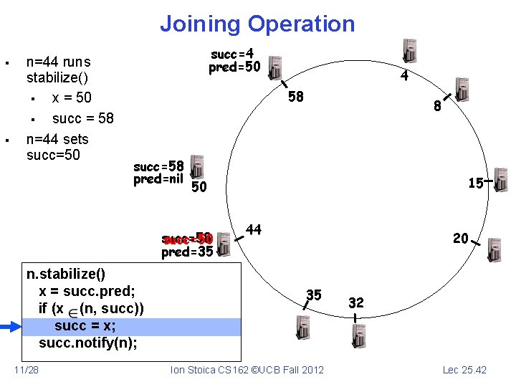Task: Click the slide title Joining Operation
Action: point(257,24)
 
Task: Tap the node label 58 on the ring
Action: point(295,96)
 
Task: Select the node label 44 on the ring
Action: point(254,229)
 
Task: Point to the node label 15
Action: point(475,183)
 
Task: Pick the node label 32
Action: point(356,302)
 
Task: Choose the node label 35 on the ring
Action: point(314,294)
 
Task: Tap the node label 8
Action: point(436,108)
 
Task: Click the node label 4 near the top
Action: point(404,75)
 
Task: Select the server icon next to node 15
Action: point(500,181)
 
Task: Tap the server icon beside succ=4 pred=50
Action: point(273,69)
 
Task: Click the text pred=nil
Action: point(158,179)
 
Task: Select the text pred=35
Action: point(187,252)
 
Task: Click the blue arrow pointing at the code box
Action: point(11,328)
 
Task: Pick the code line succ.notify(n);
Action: point(88,343)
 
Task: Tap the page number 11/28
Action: point(27,370)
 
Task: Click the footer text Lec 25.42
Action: point(464,370)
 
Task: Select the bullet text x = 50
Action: point(72,97)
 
